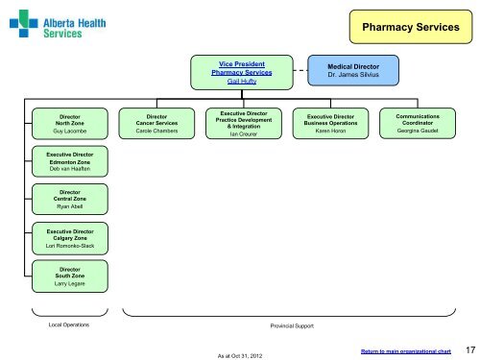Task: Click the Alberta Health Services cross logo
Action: pos(24,23)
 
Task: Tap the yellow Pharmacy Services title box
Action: pos(411,27)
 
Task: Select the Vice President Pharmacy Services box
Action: pos(242,72)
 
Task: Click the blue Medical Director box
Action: pos(353,70)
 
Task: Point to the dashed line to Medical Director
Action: pos(300,70)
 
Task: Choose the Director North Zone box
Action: pos(70,124)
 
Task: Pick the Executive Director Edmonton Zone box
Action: pos(70,161)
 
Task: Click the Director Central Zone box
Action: pos(70,199)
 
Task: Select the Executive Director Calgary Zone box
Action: pos(70,238)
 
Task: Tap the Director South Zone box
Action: pos(70,276)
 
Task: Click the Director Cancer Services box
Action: pos(156,124)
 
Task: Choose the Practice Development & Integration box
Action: pos(244,124)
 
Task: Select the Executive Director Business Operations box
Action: pos(330,124)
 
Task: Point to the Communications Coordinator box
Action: pos(418,123)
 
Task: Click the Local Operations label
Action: pos(69,324)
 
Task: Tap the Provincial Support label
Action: pos(292,325)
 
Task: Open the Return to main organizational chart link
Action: pos(406,351)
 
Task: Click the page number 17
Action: pos(470,350)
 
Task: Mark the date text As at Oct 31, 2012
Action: pos(240,356)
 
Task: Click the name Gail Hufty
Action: pos(242,82)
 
